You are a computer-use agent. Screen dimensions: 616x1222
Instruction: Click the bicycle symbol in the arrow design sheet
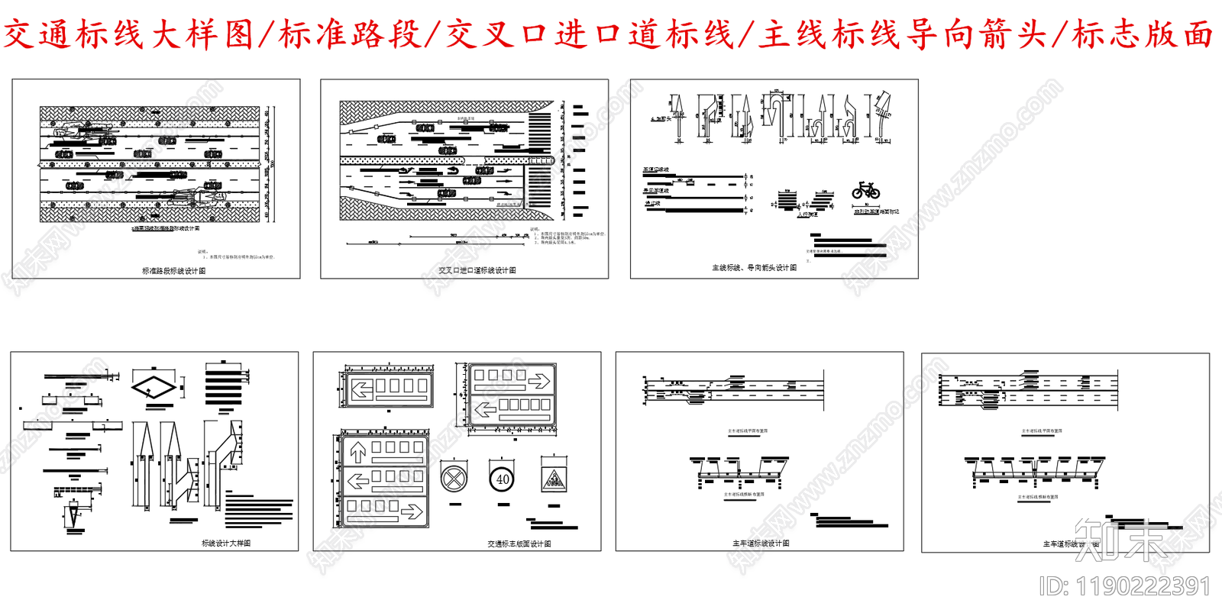(x=865, y=190)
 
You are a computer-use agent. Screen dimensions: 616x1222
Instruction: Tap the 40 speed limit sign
(x=502, y=479)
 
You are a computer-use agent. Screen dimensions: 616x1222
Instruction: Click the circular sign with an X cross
(x=454, y=479)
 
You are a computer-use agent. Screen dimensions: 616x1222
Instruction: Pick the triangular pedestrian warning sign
(x=553, y=479)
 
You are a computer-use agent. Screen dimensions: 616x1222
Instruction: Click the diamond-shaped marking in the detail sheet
(x=154, y=387)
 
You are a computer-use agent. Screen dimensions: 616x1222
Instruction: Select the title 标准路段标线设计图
(x=173, y=271)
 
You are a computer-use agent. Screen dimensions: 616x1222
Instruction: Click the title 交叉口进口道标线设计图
(x=477, y=270)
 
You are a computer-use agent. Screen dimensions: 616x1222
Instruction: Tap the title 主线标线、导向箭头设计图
(x=754, y=268)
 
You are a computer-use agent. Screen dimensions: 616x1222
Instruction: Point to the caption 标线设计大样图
(x=226, y=543)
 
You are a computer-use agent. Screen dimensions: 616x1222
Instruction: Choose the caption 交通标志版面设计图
(x=519, y=544)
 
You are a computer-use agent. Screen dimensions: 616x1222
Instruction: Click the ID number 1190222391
(x=1125, y=586)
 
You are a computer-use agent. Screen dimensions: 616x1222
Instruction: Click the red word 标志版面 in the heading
(x=1143, y=34)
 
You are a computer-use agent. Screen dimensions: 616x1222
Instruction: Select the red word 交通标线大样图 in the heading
(x=128, y=34)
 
